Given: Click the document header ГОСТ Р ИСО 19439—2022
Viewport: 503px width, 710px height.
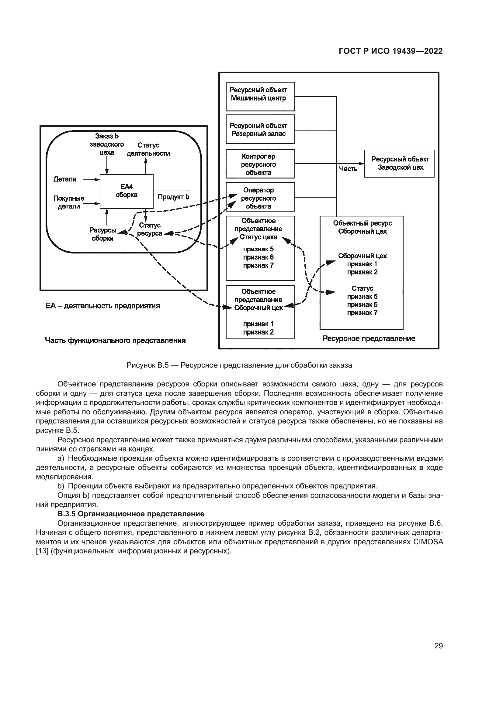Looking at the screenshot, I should click(x=390, y=51).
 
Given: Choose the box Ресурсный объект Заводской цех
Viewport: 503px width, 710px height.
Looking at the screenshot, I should click(x=399, y=164).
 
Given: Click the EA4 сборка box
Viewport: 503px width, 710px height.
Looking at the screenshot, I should click(x=127, y=192).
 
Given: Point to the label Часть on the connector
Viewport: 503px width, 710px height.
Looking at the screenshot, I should click(x=348, y=169).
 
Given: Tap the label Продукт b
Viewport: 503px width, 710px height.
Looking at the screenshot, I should click(x=173, y=197).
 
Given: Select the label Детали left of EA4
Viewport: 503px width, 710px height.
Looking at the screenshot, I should click(x=65, y=179).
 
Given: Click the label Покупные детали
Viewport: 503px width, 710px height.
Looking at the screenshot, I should click(x=68, y=202).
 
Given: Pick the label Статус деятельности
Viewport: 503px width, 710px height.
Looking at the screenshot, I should click(x=148, y=149).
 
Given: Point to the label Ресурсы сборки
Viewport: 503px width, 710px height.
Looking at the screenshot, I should click(x=102, y=234).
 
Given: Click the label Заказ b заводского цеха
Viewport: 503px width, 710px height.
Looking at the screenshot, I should click(x=106, y=144).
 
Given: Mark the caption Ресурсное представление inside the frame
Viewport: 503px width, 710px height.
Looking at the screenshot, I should click(x=369, y=339).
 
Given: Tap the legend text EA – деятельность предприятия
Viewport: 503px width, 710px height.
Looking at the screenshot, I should click(x=103, y=306).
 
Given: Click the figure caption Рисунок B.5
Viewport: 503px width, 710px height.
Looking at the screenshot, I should click(x=239, y=365).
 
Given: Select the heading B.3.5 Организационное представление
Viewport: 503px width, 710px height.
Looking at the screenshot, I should click(x=131, y=514).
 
